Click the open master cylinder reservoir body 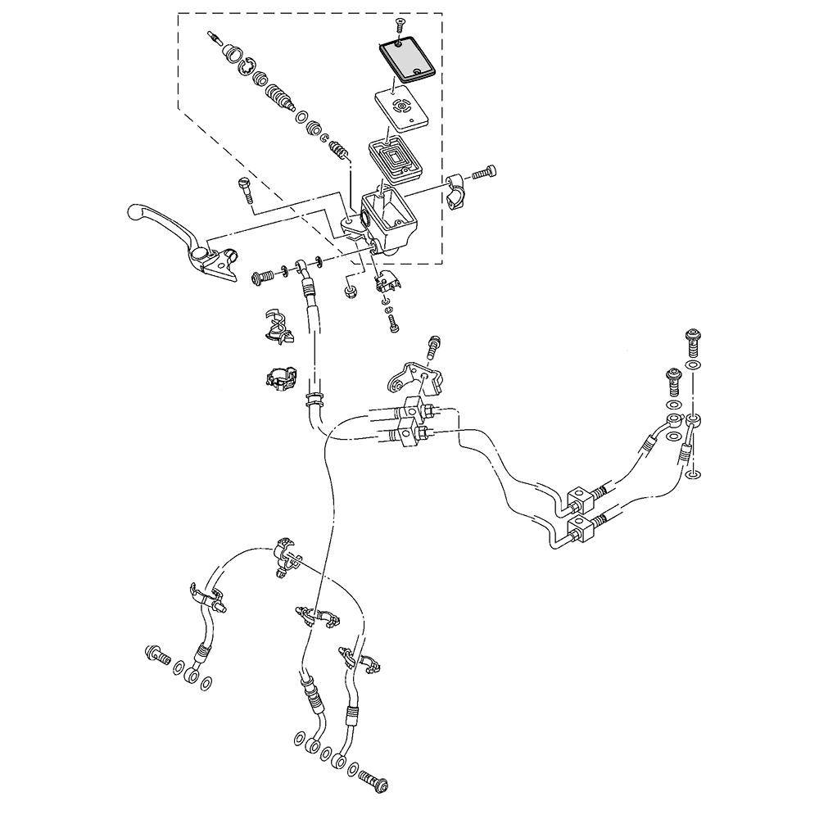click(x=390, y=217)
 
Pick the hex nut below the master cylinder click(x=351, y=290)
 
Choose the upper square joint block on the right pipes click(x=577, y=496)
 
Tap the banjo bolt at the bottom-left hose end click(x=156, y=654)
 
